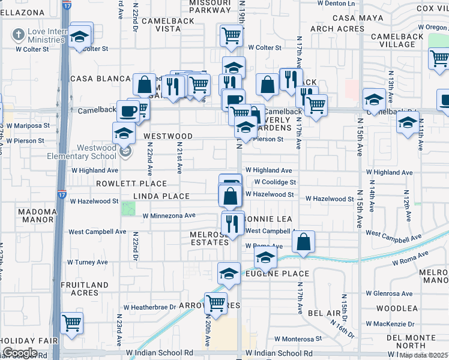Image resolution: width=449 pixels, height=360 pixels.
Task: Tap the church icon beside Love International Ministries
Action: tap(19, 35)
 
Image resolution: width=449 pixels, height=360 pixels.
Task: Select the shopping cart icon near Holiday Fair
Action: tap(72, 323)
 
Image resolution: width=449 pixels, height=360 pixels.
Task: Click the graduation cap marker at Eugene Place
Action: tap(229, 274)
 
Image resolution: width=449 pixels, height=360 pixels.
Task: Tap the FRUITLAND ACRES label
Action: tap(84, 289)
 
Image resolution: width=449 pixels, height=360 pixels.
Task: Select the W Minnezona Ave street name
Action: tap(169, 215)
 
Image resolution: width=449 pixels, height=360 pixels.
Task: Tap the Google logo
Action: tap(20, 352)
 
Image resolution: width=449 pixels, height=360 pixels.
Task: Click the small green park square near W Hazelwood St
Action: tap(128, 209)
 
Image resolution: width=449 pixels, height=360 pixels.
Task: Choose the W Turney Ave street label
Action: tap(87, 262)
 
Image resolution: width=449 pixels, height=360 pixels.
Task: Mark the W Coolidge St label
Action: tap(275, 182)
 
